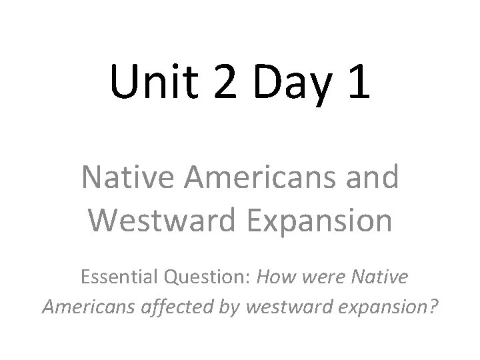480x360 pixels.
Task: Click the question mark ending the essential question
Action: click(432, 306)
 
